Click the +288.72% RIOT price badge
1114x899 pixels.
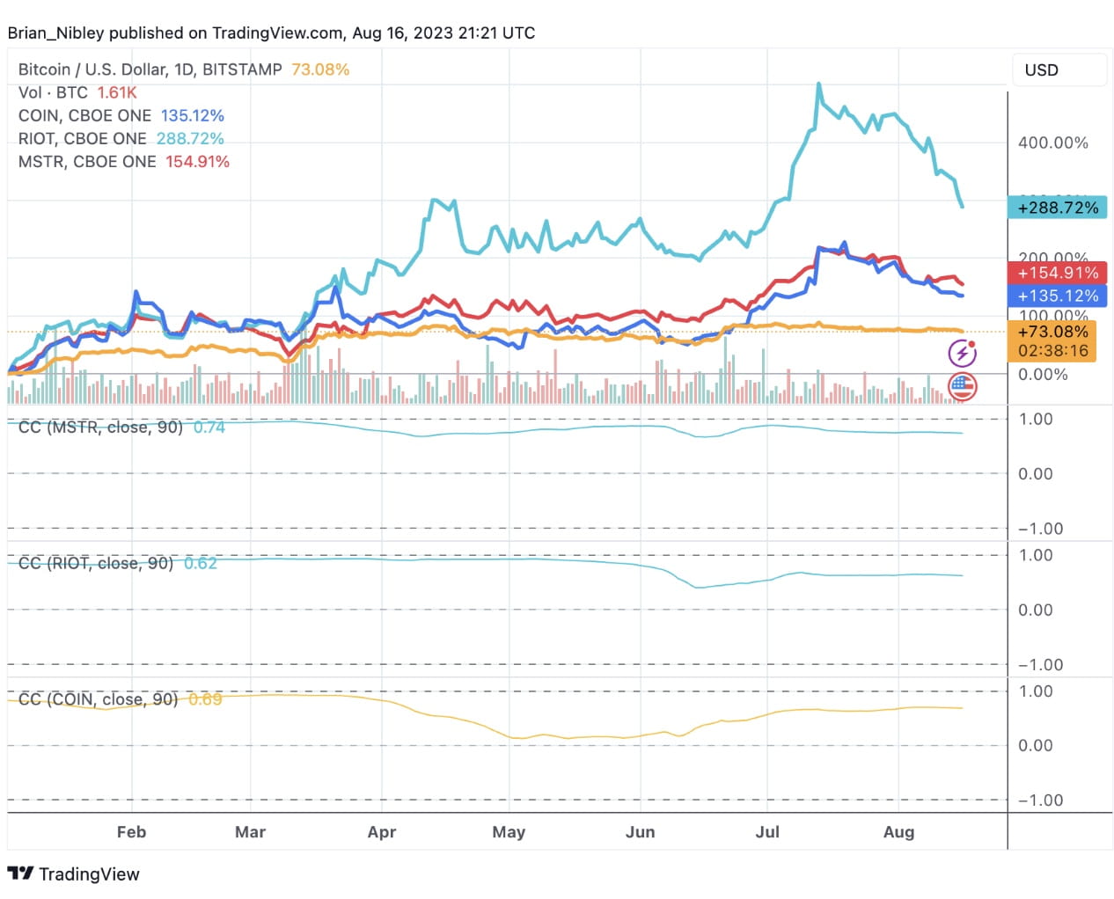tap(1057, 208)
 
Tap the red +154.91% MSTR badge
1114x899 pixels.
tap(1057, 273)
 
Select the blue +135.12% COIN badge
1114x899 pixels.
tap(1057, 296)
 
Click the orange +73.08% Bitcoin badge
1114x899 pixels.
tap(1052, 332)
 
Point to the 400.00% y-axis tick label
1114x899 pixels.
tap(1052, 143)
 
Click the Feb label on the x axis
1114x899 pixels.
tap(131, 831)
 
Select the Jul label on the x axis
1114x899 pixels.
tap(766, 831)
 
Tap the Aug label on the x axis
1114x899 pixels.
tap(898, 831)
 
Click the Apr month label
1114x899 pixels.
tap(381, 831)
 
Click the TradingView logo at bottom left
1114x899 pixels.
tap(74, 873)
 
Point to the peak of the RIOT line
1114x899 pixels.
tap(819, 84)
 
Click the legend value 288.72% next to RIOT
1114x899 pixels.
tap(190, 138)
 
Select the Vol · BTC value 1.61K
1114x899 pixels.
tap(117, 92)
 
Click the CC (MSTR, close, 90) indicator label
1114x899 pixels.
tap(100, 428)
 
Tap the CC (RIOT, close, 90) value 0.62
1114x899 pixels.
tap(201, 563)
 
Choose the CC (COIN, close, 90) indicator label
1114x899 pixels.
tap(98, 699)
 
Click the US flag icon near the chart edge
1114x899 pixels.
tap(962, 385)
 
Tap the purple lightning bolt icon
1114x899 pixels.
tap(962, 354)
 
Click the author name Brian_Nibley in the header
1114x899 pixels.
tap(55, 33)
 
